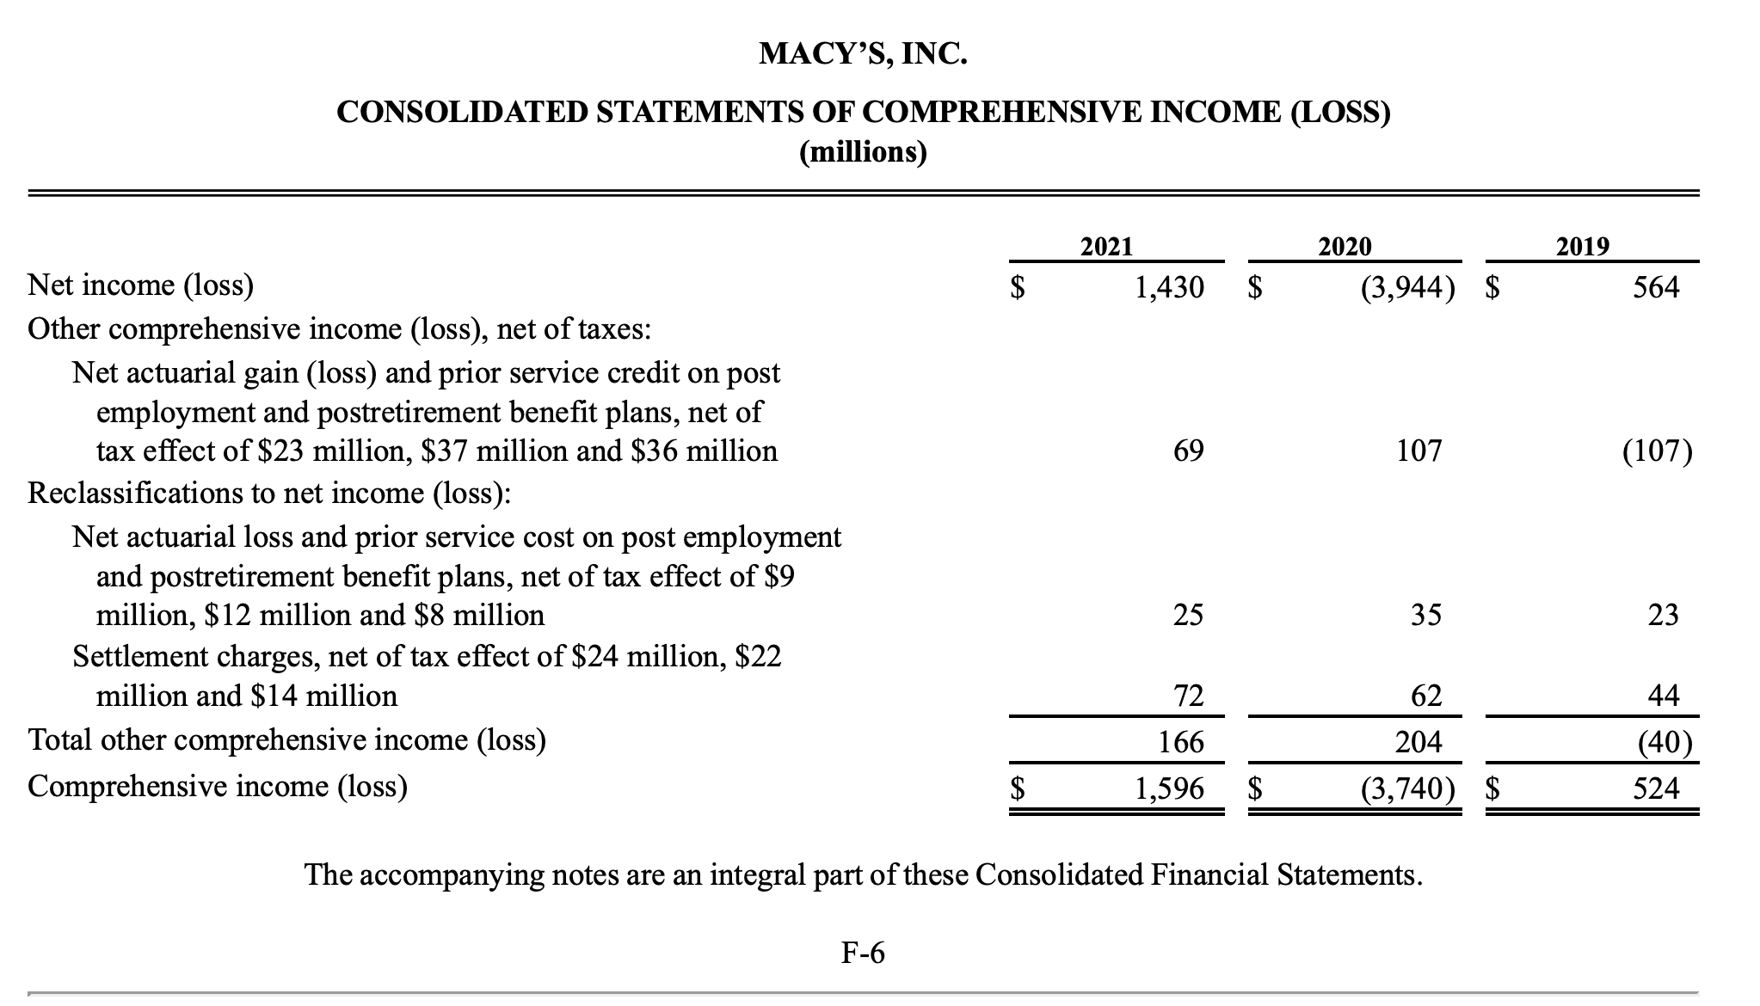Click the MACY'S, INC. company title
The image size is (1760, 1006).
[x=863, y=54]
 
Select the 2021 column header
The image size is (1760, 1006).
[x=1106, y=248]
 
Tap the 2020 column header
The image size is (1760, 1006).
[x=1345, y=248]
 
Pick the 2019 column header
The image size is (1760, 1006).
[x=1583, y=248]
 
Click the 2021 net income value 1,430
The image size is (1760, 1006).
[x=1169, y=287]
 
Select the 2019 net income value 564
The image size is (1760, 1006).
[x=1656, y=287]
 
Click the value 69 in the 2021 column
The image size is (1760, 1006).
[x=1188, y=451]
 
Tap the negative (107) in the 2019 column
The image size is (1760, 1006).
[x=1658, y=451]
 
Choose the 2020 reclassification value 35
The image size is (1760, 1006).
[x=1425, y=615]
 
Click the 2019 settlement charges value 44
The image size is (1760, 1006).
[x=1663, y=695]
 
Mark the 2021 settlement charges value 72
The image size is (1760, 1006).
[x=1188, y=695]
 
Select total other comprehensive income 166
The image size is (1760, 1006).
[x=1181, y=741]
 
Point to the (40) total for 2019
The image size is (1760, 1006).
[x=1665, y=741]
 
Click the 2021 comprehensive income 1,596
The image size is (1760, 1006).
[x=1169, y=788]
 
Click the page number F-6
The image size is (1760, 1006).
[x=863, y=953]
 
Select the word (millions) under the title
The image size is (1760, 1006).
[x=863, y=153]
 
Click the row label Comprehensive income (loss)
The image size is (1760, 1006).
[x=218, y=787]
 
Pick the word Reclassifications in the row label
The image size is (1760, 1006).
[x=124, y=494]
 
